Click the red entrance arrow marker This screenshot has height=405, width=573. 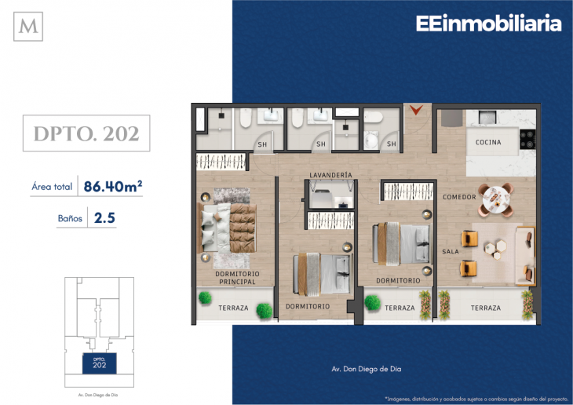pyautogui.click(x=416, y=110)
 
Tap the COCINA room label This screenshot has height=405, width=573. pyautogui.click(x=488, y=142)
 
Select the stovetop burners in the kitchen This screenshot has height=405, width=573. pyautogui.click(x=527, y=139)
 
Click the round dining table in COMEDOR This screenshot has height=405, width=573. pyautogui.click(x=495, y=199)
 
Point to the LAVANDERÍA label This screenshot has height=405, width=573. pyautogui.click(x=330, y=175)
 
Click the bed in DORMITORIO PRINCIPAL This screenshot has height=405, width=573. pyautogui.click(x=227, y=228)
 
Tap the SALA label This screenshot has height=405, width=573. pyautogui.click(x=451, y=251)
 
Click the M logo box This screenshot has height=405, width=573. pyautogui.click(x=28, y=27)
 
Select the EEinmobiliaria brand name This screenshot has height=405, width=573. pyautogui.click(x=488, y=24)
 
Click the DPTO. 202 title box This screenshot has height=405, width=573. pyautogui.click(x=86, y=133)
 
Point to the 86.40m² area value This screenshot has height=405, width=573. pyautogui.click(x=113, y=187)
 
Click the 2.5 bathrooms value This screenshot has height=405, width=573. pyautogui.click(x=104, y=218)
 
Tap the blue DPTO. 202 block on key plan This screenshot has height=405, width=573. pyautogui.click(x=100, y=363)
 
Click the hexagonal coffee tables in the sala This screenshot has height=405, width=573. pyautogui.click(x=495, y=250)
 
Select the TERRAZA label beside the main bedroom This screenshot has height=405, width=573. pyautogui.click(x=233, y=308)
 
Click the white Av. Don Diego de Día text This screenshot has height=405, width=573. pyautogui.click(x=366, y=369)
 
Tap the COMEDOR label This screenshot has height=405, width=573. pyautogui.click(x=459, y=197)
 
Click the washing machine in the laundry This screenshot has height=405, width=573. pyautogui.click(x=322, y=199)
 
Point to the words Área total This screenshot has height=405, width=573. pyautogui.click(x=52, y=187)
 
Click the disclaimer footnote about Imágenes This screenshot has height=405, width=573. pyautogui.click(x=476, y=399)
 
